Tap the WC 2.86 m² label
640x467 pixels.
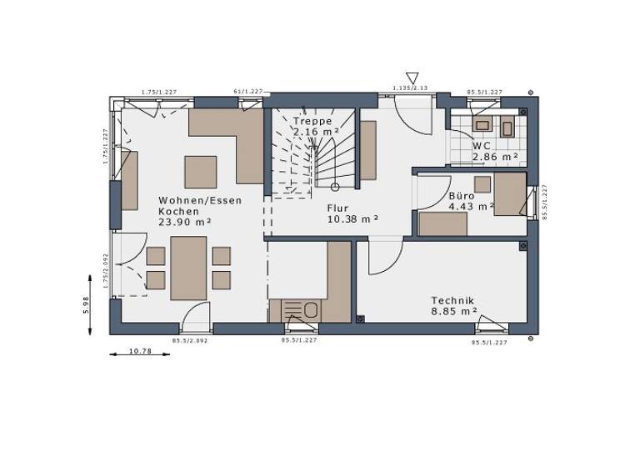pos(495,151)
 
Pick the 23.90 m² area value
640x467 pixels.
pos(184,222)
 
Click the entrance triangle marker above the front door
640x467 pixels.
pos(411,78)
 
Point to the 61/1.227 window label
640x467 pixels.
pos(248,92)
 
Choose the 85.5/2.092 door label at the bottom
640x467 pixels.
pos(190,341)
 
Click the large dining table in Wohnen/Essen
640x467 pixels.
pos(188,268)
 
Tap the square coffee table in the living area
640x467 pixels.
pos(200,172)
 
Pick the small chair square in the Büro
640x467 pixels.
pos(482,184)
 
